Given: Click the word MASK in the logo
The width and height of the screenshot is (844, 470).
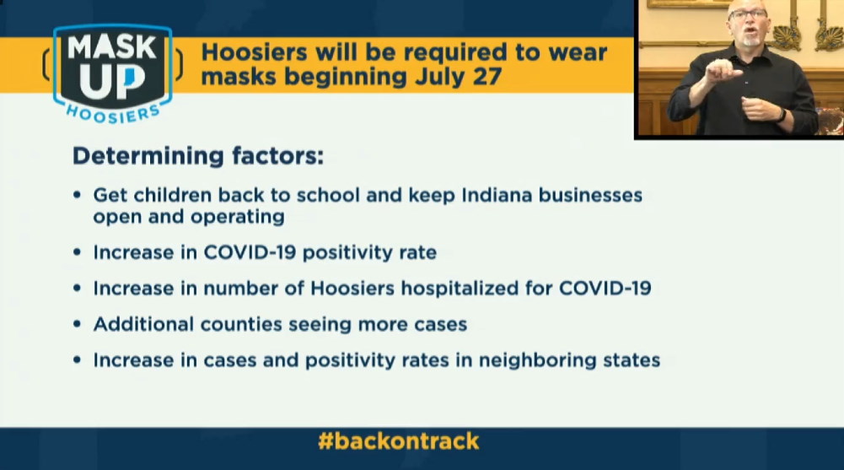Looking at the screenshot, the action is (x=112, y=47).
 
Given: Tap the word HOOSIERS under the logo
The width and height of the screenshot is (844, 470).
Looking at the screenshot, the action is (x=113, y=114).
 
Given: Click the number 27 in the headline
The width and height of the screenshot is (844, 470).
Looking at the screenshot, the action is (x=487, y=76).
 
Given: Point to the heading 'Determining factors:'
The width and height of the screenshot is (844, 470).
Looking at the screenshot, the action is (x=198, y=156).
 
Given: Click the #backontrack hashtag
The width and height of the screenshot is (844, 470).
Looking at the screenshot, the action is (x=398, y=441).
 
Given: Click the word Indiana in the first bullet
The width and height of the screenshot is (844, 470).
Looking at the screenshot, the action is (x=497, y=195).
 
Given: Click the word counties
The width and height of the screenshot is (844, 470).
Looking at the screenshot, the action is (x=241, y=324).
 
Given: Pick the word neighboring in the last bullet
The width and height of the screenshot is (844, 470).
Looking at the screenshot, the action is (x=538, y=360).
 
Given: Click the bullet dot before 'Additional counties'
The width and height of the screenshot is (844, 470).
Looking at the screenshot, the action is (x=78, y=324).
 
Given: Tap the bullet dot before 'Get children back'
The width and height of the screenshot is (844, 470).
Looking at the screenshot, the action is (x=78, y=195).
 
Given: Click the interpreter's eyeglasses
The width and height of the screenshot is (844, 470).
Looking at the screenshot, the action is (x=748, y=14).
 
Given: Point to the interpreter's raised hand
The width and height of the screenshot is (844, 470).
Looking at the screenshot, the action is (x=722, y=71).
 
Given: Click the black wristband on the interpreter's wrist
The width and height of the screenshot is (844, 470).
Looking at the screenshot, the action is (x=782, y=115).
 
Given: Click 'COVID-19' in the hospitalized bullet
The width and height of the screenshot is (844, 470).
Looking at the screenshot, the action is (x=605, y=289).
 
